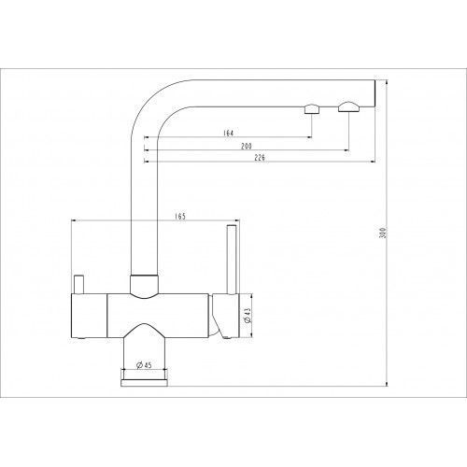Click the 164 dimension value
(x=228, y=133)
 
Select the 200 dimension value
(x=247, y=146)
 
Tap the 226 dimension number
(x=260, y=158)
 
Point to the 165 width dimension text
(x=180, y=217)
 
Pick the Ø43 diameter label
(x=248, y=316)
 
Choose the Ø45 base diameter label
(x=144, y=364)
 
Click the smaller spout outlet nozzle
(x=312, y=109)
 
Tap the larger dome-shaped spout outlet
(x=348, y=106)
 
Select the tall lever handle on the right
(x=232, y=260)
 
